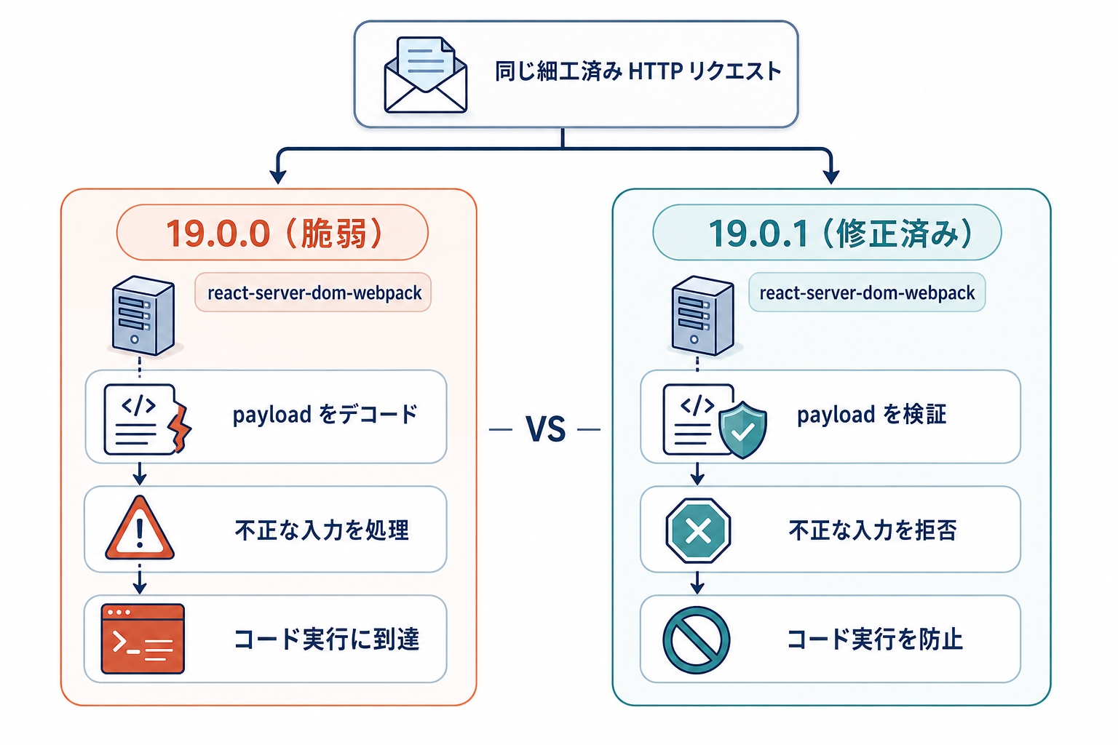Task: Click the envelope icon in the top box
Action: tap(426, 74)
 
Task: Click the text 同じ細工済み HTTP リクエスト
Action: tap(638, 71)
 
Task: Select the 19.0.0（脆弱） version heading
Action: tap(273, 233)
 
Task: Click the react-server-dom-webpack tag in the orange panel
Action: tap(313, 292)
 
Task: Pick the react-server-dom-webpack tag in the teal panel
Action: tap(867, 292)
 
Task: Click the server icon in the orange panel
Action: tap(143, 316)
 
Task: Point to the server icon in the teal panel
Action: tap(703, 316)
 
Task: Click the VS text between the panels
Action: tap(545, 429)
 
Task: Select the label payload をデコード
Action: tap(325, 415)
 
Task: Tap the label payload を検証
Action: tap(871, 415)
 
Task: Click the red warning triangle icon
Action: tap(140, 528)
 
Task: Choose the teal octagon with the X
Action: tap(698, 530)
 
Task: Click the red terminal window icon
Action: tap(143, 639)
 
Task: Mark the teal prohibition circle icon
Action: tap(697, 640)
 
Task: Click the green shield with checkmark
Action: tap(742, 430)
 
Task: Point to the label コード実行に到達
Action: tap(327, 640)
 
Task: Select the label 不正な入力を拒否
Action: tap(873, 530)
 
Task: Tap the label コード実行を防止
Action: tap(875, 640)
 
